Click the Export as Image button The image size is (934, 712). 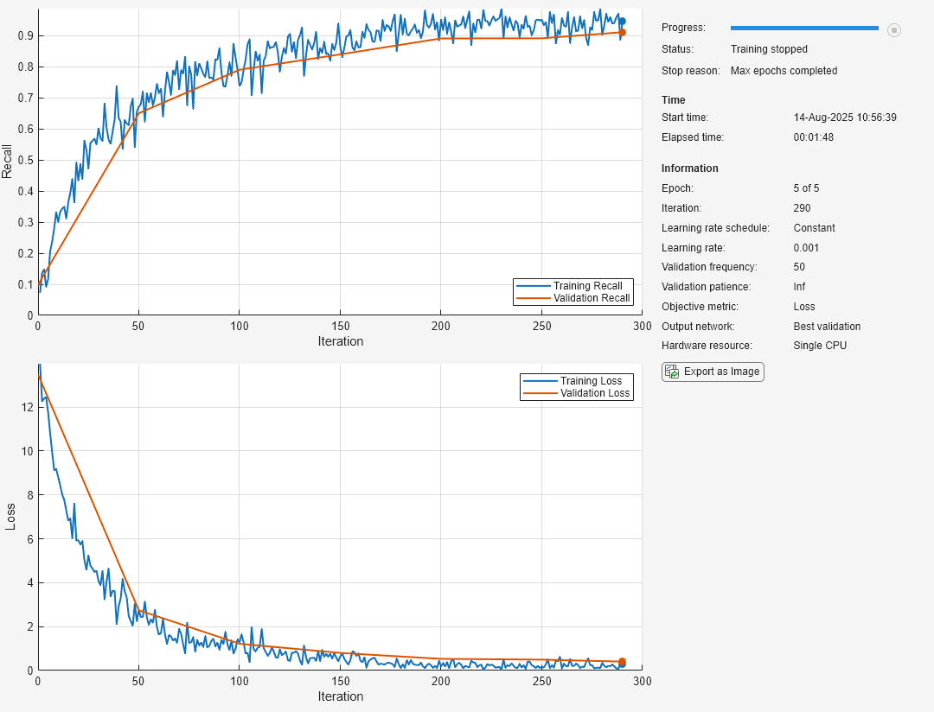coord(713,372)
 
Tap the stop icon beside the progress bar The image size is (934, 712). coord(894,30)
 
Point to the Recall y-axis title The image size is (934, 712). coord(8,161)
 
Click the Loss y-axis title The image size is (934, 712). coord(10,517)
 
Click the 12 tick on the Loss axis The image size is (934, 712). coord(26,407)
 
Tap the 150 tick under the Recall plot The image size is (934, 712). coord(340,327)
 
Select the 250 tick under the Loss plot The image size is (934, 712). coord(541,682)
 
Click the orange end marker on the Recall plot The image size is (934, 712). coord(622,33)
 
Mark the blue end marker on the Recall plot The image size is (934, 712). coord(622,22)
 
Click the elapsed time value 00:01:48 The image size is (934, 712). coord(813,137)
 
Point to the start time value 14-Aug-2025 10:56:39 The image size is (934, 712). coord(845,118)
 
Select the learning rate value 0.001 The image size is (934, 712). coord(806,248)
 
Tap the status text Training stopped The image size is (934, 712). coord(769,49)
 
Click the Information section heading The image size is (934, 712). coord(689,168)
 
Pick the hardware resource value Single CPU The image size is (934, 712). coord(820,346)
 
